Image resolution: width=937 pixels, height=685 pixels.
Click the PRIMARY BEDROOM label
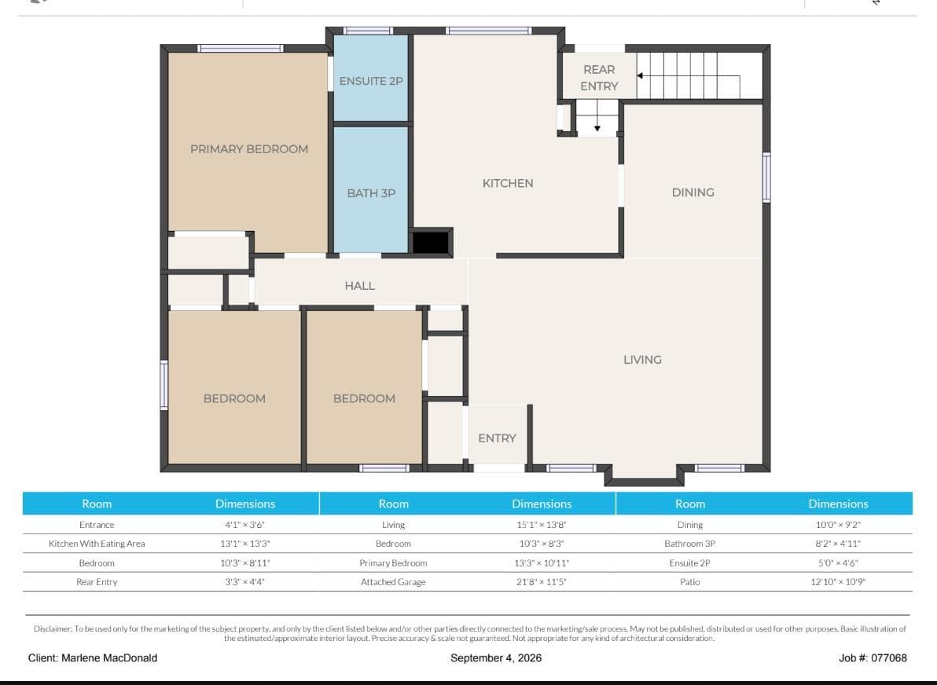249,149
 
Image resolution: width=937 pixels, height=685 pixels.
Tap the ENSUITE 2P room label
371,81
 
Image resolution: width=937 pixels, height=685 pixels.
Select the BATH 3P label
371,193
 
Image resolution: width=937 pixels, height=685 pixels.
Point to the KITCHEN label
508,183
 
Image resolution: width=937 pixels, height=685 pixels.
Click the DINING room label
693,192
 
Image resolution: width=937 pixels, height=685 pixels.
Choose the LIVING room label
642,360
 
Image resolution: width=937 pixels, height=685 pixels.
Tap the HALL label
360,286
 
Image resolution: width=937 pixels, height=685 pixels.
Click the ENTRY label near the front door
497,438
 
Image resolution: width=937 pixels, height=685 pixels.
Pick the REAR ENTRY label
599,78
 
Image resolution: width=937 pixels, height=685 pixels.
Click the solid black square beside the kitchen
431,242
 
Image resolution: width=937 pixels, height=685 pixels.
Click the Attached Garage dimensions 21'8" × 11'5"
542,581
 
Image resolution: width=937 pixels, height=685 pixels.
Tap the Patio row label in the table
689,581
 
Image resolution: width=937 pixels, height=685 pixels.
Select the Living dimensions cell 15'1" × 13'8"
542,525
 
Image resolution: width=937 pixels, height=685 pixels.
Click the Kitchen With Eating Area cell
97,544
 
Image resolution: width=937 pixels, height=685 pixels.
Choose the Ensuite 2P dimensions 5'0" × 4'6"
838,562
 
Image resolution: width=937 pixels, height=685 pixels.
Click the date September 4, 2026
496,658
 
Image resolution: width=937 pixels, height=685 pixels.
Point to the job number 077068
888,658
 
